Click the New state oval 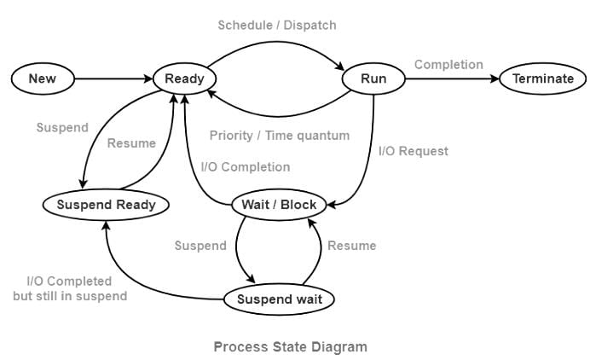43,78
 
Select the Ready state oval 184,78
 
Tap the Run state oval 373,78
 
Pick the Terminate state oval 543,78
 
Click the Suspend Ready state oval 106,205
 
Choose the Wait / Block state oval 279,205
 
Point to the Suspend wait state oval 279,299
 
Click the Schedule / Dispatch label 277,26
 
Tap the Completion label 448,65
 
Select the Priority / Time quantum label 280,136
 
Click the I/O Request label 414,151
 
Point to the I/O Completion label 246,167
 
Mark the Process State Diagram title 291,347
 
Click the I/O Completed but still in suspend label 70,289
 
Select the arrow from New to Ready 113,78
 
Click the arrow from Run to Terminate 452,78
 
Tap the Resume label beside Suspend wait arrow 352,246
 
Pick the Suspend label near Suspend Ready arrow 62,128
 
